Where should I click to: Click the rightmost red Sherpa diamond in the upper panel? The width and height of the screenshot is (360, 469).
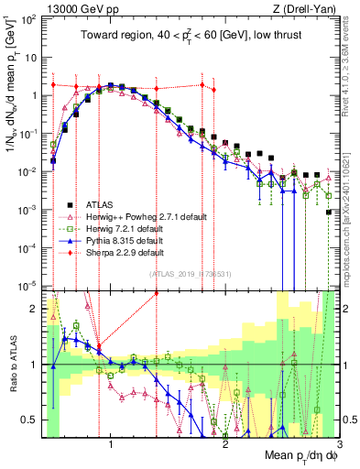213,90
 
